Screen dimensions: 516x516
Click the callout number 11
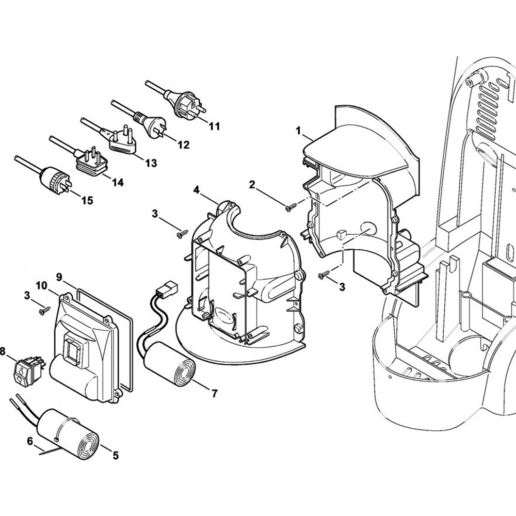pos(214,125)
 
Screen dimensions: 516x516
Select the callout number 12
pos(183,145)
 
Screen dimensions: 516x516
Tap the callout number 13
pos(151,164)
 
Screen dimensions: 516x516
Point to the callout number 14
pos(118,182)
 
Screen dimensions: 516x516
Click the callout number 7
pos(214,393)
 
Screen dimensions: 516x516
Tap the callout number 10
pos(41,285)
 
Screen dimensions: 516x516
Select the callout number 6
pos(29,441)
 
